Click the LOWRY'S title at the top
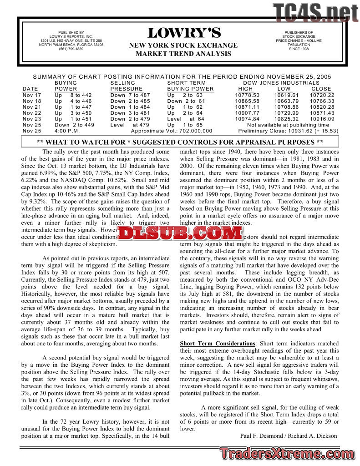pyautogui.click(x=184, y=33)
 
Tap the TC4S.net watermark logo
pyautogui.click(x=315, y=13)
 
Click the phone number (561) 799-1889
pyautogui.click(x=71, y=49)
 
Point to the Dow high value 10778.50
pyautogui.click(x=247, y=95)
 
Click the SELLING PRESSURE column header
pyautogui.click(x=126, y=86)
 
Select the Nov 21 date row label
pyautogui.click(x=31, y=107)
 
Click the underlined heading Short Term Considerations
pyautogui.click(x=218, y=343)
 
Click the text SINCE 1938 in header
pyautogui.click(x=299, y=49)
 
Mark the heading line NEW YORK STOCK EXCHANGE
pyautogui.click(x=183, y=46)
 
